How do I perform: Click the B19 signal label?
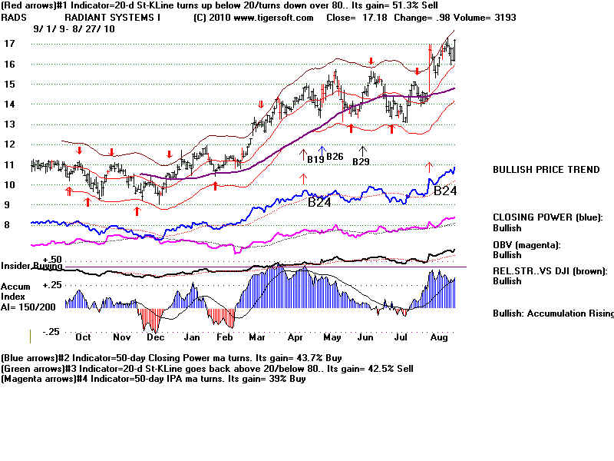point(315,160)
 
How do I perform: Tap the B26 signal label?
point(335,157)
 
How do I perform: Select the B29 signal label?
point(361,162)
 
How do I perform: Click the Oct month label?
point(83,337)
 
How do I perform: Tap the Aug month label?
point(439,337)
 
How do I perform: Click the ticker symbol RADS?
point(14,18)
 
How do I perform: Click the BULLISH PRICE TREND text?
point(546,170)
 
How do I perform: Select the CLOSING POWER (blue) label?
point(548,217)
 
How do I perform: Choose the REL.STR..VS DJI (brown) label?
point(552,270)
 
